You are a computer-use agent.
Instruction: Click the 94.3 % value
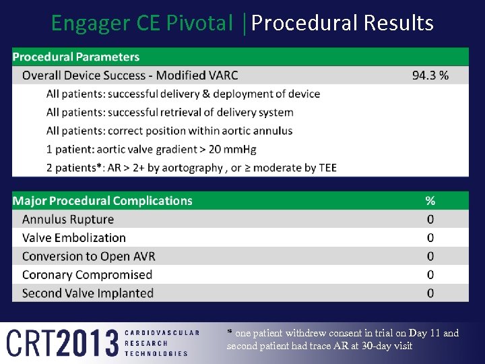pos(430,75)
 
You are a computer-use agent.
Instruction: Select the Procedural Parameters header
pos(76,57)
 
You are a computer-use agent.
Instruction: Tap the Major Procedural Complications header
pos(102,201)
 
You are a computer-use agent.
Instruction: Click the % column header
pos(430,201)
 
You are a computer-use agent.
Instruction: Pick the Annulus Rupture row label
pos(68,219)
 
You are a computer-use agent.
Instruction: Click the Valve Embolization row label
pos(74,238)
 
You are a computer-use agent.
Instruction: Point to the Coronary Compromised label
pos(87,274)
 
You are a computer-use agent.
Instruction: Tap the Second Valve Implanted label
pos(88,293)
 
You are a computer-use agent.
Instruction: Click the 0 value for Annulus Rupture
pos(430,219)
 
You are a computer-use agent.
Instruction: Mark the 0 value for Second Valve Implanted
pos(430,293)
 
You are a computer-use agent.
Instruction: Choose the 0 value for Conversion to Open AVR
pos(430,256)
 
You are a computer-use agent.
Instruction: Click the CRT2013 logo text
pos(62,342)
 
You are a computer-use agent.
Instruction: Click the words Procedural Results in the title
pos(342,23)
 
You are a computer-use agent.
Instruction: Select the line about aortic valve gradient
pos(152,149)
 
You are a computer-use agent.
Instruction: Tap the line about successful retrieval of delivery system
pos(170,113)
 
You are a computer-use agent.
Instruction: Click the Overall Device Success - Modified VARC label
pos(130,75)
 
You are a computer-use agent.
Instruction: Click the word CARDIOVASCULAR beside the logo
pos(162,332)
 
